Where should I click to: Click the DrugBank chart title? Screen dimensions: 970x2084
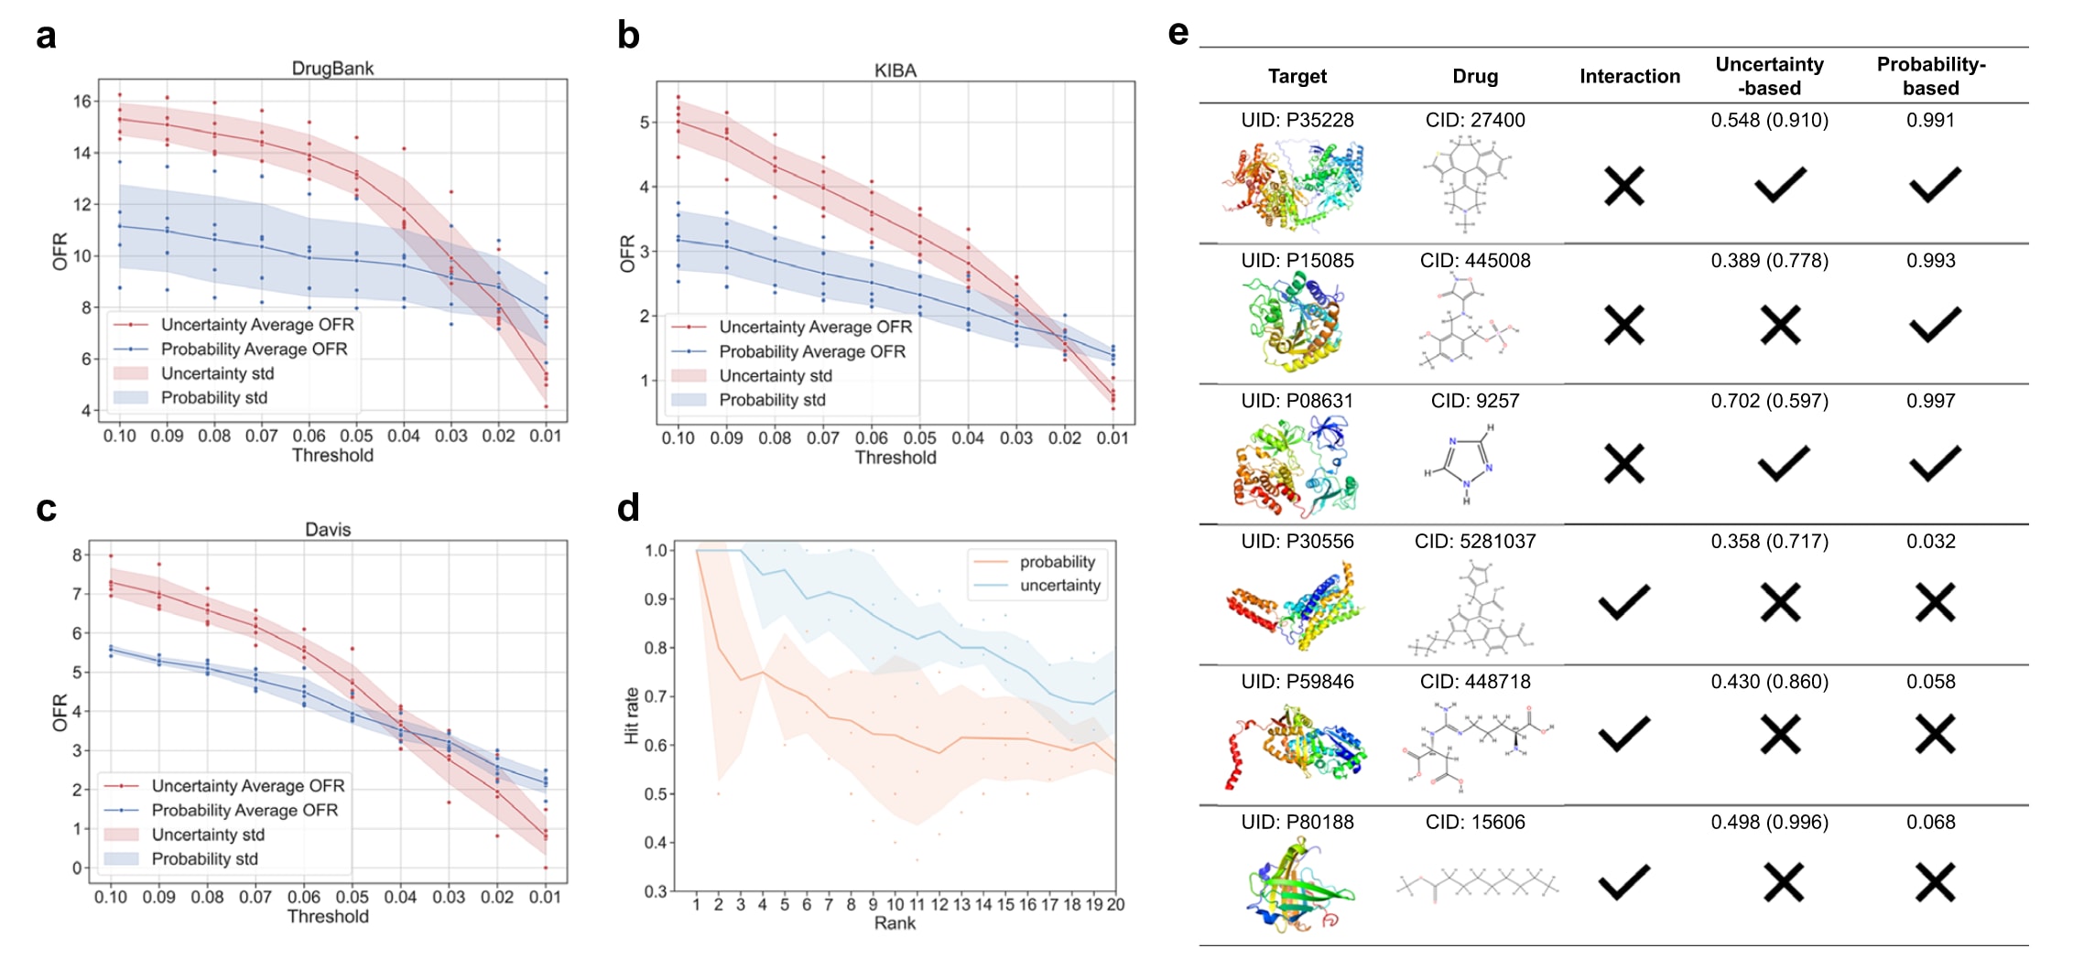332,69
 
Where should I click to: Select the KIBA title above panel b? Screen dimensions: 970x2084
895,70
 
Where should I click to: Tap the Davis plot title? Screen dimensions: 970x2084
328,530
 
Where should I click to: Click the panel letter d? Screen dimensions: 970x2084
628,508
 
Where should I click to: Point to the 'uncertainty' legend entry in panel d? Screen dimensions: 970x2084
1059,586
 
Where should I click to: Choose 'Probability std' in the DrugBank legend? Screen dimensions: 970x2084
213,398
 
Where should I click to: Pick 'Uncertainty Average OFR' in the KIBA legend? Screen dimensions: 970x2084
815,327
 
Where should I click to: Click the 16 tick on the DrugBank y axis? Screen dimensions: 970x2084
82,102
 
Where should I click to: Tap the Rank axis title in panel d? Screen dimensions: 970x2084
895,923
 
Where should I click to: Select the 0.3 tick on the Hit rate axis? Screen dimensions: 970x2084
655,891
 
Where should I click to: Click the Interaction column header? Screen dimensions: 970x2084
1629,77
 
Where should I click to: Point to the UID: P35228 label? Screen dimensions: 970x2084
1297,121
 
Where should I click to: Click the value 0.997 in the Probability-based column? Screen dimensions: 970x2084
1930,401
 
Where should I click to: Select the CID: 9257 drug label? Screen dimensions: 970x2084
1474,401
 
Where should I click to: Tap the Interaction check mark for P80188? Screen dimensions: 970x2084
1624,882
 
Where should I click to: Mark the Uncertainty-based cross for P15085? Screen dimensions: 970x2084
1780,326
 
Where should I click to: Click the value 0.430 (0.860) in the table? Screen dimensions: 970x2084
1769,682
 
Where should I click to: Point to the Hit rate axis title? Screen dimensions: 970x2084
631,716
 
